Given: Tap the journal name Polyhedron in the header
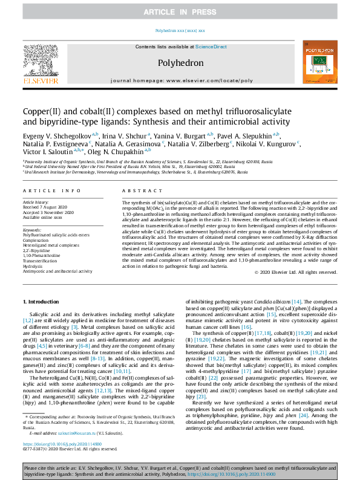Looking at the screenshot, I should click(179, 62).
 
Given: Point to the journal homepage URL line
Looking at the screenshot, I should click(179, 80).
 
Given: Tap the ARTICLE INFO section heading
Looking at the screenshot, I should click(47, 190).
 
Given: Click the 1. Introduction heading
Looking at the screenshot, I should click(42, 300).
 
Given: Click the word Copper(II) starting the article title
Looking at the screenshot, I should click(44, 112).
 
